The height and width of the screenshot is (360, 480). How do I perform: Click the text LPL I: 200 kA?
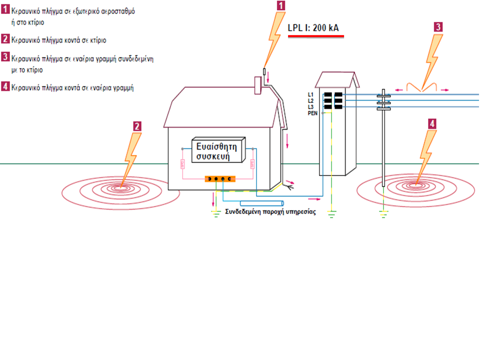313,28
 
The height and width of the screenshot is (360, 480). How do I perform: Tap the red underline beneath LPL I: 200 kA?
313,36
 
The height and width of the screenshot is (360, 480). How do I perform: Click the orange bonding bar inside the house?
220,178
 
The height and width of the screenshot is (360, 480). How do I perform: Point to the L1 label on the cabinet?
310,94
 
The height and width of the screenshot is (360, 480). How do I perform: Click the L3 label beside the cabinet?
310,107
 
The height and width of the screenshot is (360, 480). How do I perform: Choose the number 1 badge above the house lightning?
282,5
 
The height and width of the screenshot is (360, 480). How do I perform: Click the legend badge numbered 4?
5,87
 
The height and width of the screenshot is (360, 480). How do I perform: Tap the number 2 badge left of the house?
137,126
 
